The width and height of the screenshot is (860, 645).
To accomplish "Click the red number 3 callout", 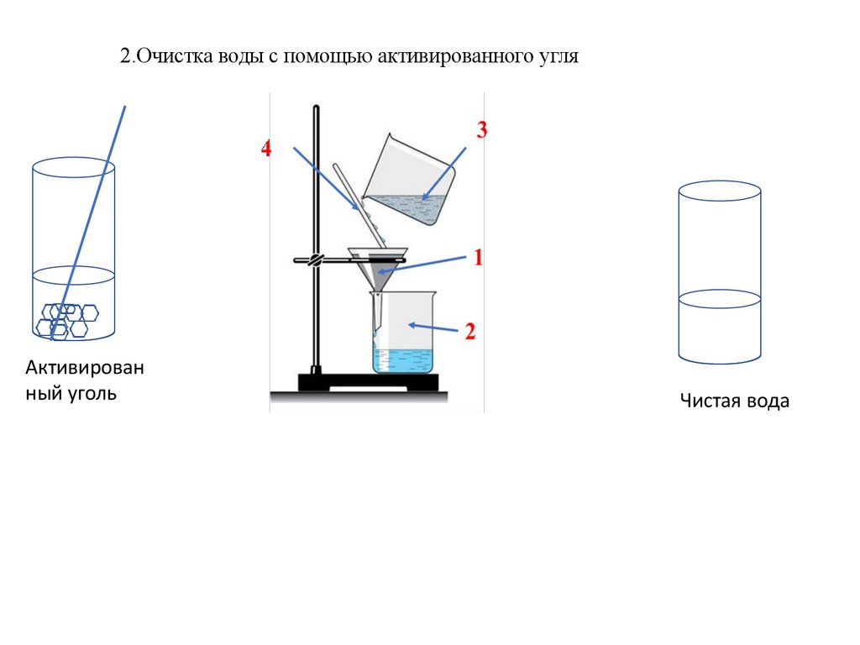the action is [x=481, y=129].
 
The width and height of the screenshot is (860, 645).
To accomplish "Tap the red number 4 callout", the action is [x=266, y=148].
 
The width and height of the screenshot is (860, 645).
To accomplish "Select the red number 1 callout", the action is [x=478, y=257].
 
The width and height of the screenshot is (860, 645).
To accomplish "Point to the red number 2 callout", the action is [x=470, y=331].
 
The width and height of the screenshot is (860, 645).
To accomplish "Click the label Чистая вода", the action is [x=734, y=401].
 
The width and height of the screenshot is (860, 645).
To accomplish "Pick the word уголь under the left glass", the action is [x=92, y=393].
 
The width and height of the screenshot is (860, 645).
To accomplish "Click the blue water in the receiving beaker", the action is [x=402, y=360].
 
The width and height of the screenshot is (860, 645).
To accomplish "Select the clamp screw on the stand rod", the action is [x=315, y=260].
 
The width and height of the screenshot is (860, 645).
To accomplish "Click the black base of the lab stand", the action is [x=368, y=382].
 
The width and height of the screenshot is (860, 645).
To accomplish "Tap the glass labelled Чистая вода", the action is [x=720, y=273].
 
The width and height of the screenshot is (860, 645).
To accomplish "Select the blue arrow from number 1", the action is [x=422, y=265].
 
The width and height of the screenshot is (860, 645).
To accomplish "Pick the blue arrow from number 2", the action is [x=433, y=328].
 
